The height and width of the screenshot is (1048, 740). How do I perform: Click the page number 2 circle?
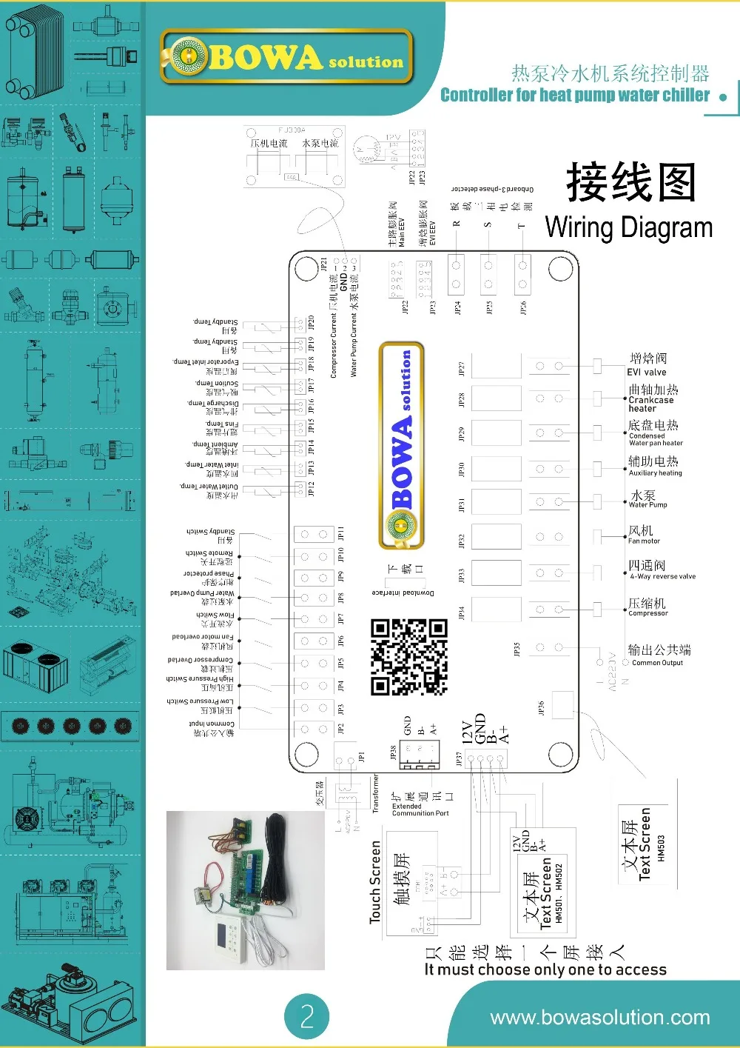pyautogui.click(x=307, y=1015)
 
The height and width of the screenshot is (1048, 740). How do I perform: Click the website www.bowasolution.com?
pyautogui.click(x=599, y=1018)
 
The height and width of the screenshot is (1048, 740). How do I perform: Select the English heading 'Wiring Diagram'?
pyautogui.click(x=628, y=227)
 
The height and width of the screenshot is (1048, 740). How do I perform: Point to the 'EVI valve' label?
pyautogui.click(x=647, y=373)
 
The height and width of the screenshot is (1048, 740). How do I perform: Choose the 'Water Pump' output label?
pyautogui.click(x=647, y=504)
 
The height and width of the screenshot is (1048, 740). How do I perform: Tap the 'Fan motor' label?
pyautogui.click(x=644, y=541)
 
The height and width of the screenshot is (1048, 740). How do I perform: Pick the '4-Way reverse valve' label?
pyautogui.click(x=662, y=576)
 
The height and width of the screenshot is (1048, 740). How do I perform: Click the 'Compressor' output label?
pyautogui.click(x=648, y=613)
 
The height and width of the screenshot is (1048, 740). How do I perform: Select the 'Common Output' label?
pyautogui.click(x=657, y=663)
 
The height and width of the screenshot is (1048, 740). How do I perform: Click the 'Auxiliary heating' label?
pyautogui.click(x=655, y=473)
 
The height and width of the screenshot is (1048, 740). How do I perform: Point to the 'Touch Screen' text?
pyautogui.click(x=375, y=881)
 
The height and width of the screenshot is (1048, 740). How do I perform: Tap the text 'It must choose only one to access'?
pyautogui.click(x=545, y=969)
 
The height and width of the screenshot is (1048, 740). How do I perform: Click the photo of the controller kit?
pyautogui.click(x=245, y=890)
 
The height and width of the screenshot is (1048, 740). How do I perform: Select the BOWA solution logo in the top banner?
pyautogui.click(x=286, y=57)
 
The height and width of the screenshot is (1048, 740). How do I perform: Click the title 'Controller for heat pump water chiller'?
pyautogui.click(x=574, y=95)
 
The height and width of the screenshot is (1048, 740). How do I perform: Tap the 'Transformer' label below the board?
pyautogui.click(x=375, y=794)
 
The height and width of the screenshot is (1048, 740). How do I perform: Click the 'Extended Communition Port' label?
pyautogui.click(x=420, y=810)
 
